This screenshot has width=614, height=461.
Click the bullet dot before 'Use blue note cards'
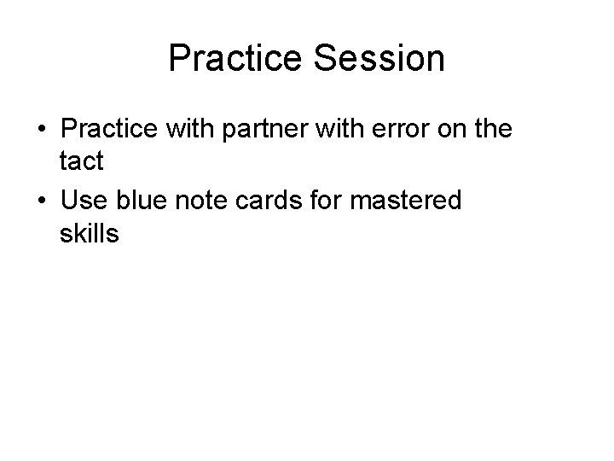42,202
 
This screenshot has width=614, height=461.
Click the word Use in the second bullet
84,201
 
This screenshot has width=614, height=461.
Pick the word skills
90,233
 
